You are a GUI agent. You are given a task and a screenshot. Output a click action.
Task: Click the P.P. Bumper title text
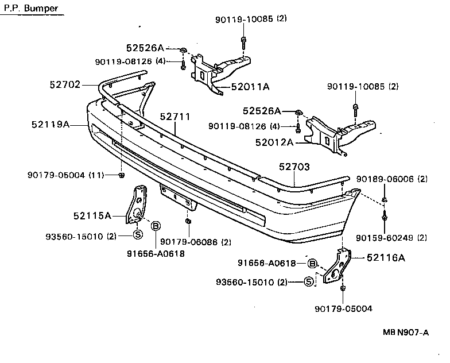click(27, 9)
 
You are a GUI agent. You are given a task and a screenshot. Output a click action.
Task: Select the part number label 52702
click(65, 84)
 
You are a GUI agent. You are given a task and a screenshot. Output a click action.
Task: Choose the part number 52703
click(294, 167)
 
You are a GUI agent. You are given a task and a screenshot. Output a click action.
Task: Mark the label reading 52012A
click(274, 141)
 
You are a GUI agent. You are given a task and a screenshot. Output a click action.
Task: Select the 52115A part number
click(92, 216)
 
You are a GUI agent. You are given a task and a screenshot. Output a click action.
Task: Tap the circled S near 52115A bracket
click(138, 234)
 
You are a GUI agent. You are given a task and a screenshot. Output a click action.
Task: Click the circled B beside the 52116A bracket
click(312, 264)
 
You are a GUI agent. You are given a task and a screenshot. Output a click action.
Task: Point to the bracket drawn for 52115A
click(138, 206)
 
